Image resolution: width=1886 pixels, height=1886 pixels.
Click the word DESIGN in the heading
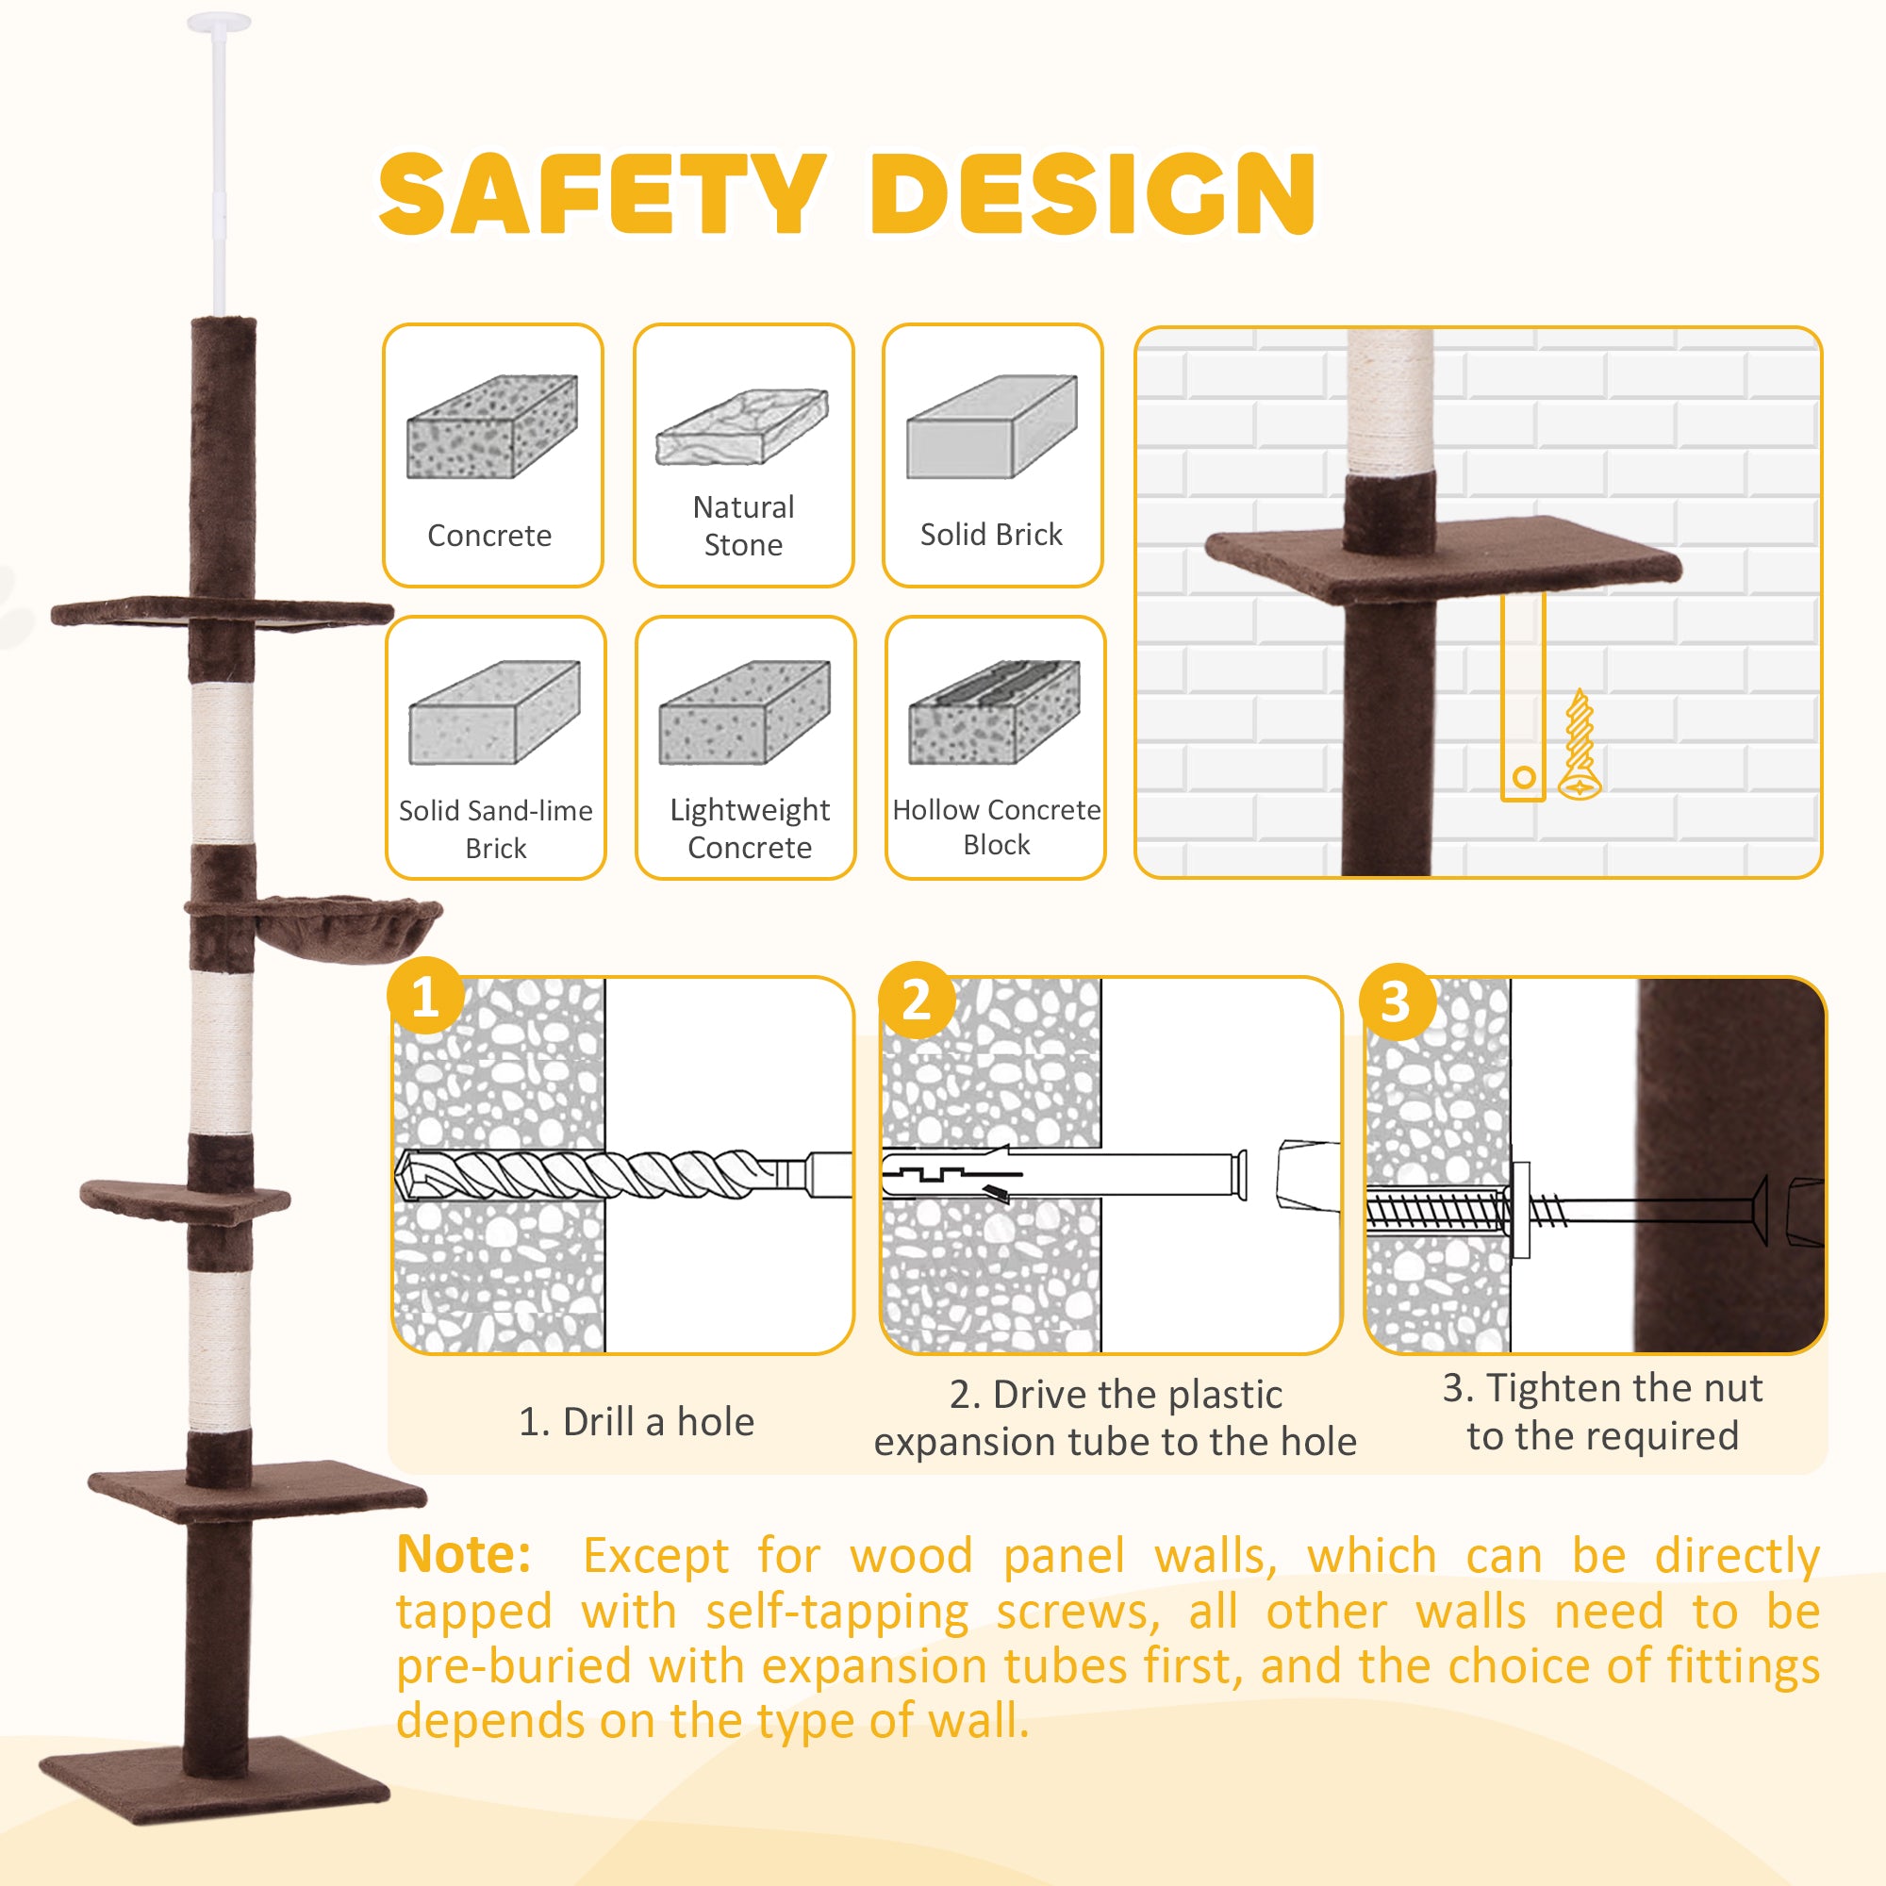[1092, 194]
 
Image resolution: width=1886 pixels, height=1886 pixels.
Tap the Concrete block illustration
[492, 426]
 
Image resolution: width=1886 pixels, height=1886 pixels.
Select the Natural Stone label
[743, 525]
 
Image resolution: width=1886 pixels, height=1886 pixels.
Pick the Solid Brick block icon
[991, 426]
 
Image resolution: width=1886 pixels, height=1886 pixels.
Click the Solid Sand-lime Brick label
[496, 828]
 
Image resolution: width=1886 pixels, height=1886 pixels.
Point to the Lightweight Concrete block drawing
[745, 713]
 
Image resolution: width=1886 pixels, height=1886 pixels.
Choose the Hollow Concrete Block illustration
[994, 713]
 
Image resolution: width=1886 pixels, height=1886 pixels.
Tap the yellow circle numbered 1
[424, 996]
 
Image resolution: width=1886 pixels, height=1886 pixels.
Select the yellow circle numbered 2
[916, 999]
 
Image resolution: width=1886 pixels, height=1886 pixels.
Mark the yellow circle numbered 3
[1397, 1001]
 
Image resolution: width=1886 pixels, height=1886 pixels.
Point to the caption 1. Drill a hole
[637, 1421]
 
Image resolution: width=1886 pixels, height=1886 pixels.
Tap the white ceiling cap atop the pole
[219, 22]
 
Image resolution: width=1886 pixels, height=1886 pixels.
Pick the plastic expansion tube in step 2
[1064, 1173]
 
